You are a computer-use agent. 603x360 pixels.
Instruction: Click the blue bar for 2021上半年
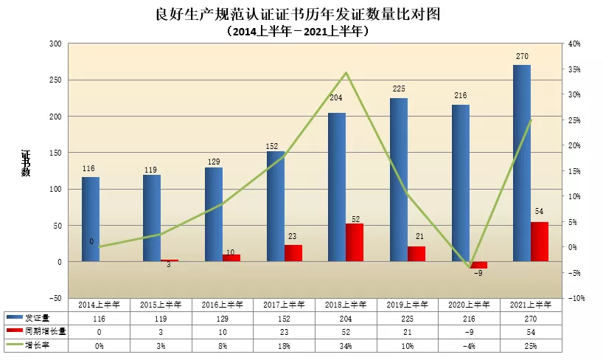521,162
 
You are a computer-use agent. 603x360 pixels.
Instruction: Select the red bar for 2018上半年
355,242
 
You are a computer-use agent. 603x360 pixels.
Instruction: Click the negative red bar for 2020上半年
478,265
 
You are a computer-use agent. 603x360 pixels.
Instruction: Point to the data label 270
522,56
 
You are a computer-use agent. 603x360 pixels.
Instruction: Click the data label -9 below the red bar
478,274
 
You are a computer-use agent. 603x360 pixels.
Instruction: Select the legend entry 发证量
38,317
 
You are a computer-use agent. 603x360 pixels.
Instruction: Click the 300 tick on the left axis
55,44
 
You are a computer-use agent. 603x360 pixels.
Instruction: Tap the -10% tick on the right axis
576,298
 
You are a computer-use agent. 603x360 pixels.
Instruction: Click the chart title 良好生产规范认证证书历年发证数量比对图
301,15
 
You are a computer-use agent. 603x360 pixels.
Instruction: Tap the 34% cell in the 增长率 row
346,345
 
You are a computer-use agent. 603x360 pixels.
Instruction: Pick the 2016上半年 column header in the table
223,304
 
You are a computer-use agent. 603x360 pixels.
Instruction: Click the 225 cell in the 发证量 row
407,317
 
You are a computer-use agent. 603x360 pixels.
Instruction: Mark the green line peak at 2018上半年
346,73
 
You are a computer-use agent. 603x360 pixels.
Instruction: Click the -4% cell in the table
469,345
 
